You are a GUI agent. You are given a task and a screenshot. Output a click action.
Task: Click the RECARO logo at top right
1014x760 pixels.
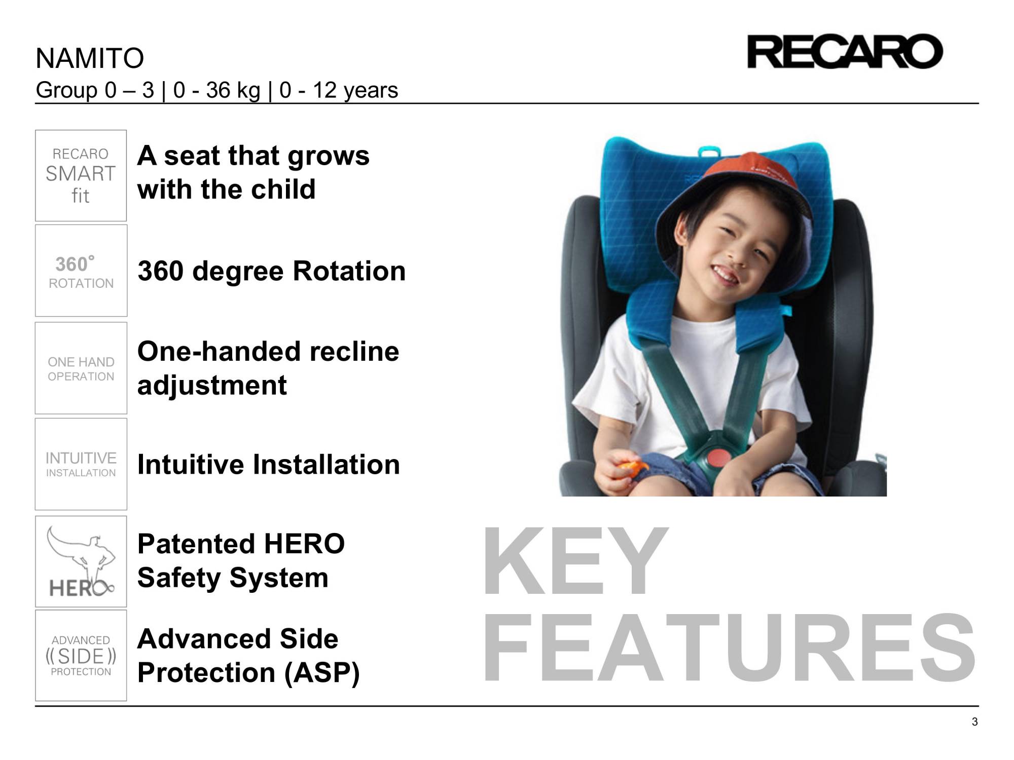point(845,52)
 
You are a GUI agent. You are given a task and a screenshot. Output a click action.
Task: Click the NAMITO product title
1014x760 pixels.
point(90,58)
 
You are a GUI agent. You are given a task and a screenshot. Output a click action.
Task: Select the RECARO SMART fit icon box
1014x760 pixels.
point(81,175)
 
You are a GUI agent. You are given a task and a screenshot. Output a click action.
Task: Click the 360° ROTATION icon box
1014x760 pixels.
point(81,271)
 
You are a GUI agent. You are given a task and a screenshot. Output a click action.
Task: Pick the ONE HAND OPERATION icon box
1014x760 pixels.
point(81,368)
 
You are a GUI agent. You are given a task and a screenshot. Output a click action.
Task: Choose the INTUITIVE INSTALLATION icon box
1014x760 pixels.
point(81,464)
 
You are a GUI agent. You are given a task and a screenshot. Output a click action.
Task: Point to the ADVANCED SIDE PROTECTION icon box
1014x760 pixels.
point(81,656)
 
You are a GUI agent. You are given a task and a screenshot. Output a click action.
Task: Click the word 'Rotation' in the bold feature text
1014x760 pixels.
point(349,271)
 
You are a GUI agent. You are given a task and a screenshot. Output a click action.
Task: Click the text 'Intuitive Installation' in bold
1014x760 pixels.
point(268,465)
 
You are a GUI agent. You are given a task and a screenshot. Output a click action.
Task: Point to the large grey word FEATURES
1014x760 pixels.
point(728,649)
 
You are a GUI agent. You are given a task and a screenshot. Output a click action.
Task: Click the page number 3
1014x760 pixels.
point(974,722)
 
